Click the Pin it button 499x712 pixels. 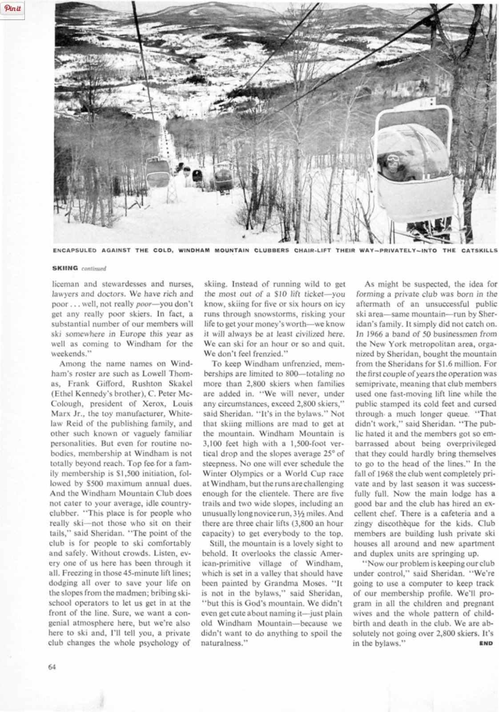[x=13, y=9]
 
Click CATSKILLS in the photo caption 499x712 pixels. [x=478, y=251]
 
